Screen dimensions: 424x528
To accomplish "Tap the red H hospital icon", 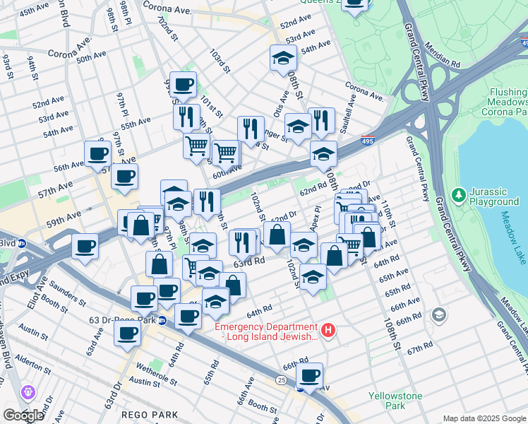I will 328,330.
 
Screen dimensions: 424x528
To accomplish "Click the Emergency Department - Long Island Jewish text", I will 266,331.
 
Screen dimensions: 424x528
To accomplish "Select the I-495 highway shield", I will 367,141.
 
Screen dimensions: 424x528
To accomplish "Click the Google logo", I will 23,416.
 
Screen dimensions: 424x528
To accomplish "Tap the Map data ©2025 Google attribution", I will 484,418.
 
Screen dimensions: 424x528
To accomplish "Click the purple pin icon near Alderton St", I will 29,391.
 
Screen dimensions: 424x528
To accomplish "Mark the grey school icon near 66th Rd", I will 439,314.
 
